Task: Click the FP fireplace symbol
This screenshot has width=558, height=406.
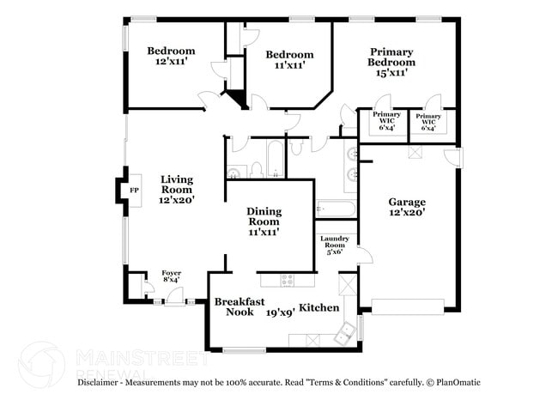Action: point(133,191)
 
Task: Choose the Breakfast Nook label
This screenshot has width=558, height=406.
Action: point(234,307)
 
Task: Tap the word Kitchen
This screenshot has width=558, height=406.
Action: point(318,307)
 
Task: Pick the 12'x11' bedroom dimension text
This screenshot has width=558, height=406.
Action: point(171,63)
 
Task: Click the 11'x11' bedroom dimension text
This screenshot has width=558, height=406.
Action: point(289,64)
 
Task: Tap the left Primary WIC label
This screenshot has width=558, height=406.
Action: point(386,118)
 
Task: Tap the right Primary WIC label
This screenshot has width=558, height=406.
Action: point(428,118)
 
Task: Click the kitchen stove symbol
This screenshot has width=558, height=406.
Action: point(288,280)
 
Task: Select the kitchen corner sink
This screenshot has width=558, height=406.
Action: point(346,333)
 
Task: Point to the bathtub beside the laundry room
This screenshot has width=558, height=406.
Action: point(335,209)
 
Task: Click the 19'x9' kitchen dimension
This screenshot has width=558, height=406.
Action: point(280,312)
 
